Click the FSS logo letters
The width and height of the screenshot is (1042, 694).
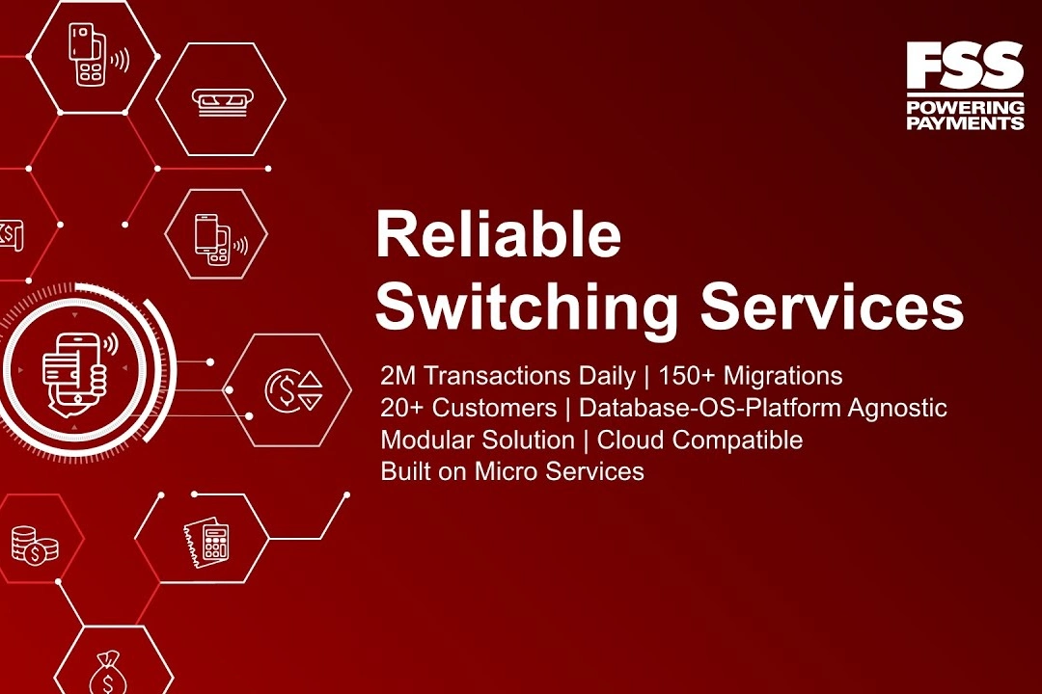965,66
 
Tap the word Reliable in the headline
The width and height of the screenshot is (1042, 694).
499,234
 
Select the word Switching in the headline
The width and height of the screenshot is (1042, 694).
527,307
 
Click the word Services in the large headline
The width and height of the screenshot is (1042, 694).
832,306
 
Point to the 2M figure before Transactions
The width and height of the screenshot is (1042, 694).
398,376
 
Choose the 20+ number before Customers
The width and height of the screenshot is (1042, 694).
402,408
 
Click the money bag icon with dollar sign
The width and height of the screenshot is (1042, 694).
106,672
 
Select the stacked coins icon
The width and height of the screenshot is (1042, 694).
35,545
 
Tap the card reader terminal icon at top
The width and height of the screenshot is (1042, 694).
98,55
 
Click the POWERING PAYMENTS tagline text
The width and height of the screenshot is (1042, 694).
965,115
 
